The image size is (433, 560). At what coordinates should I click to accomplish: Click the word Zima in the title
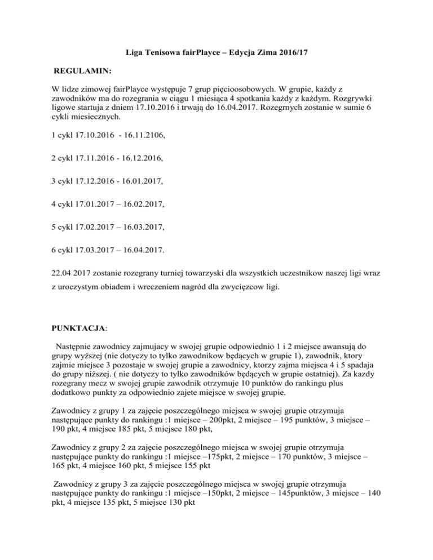click(x=252, y=53)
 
